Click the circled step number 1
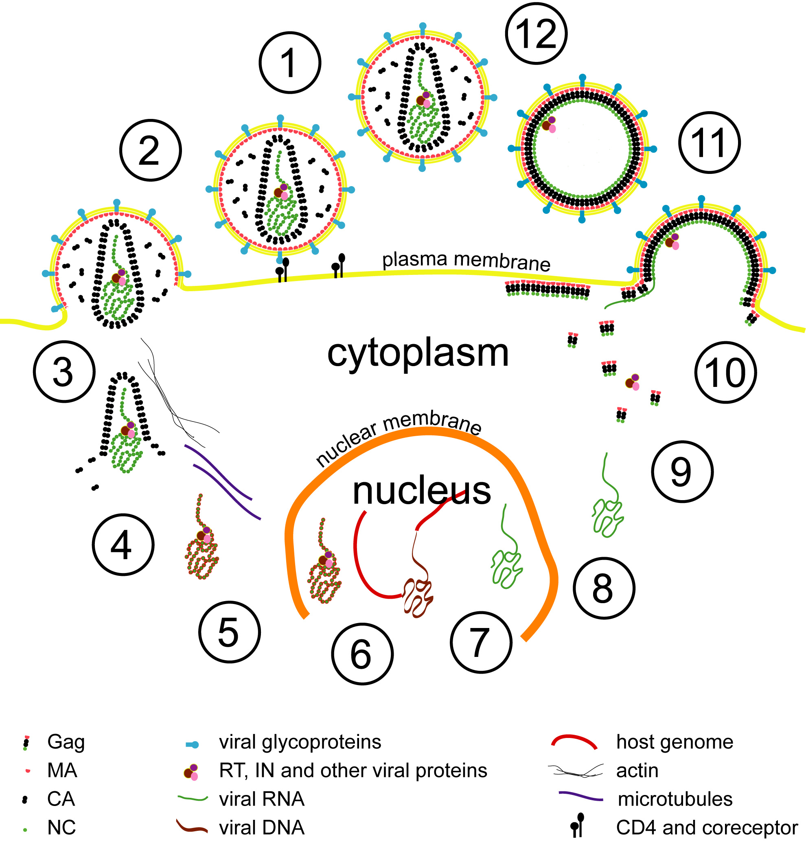289,63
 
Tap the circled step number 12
536,33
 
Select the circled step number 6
361,654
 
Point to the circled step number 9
681,472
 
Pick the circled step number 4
123,545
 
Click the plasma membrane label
466,261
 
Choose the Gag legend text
66,742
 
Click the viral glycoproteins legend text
300,742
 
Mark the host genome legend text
674,742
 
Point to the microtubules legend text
675,799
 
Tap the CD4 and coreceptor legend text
707,828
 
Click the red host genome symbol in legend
574,742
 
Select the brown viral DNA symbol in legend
192,826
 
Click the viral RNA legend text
262,799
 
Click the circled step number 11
709,143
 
